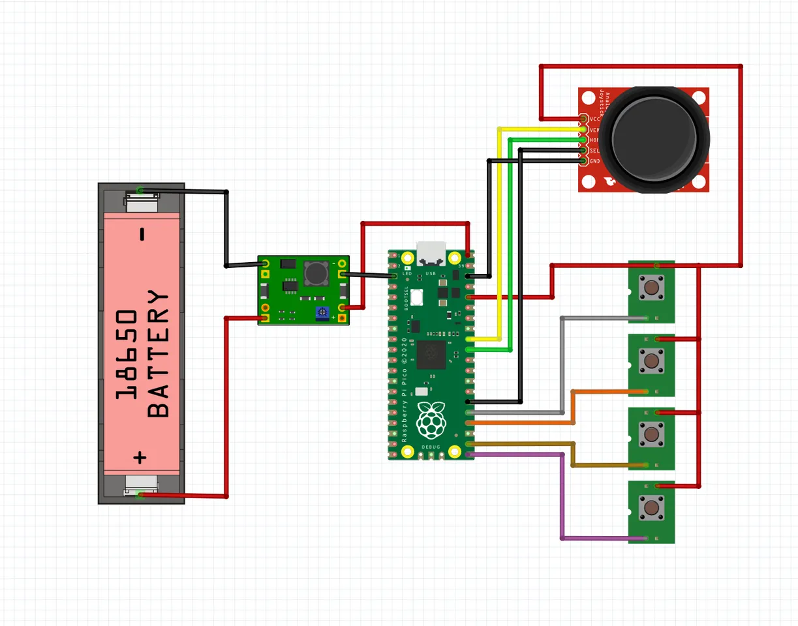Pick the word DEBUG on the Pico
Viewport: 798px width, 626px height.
click(431, 447)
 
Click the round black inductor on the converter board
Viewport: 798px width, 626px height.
click(316, 271)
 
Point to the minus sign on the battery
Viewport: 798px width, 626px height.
click(142, 235)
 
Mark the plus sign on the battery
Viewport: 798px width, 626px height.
click(140, 457)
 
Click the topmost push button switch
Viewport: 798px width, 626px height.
click(651, 288)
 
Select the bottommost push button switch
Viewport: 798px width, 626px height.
click(651, 507)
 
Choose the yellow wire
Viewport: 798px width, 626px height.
click(500, 235)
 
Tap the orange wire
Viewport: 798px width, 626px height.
click(573, 408)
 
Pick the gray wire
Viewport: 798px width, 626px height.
click(562, 365)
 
